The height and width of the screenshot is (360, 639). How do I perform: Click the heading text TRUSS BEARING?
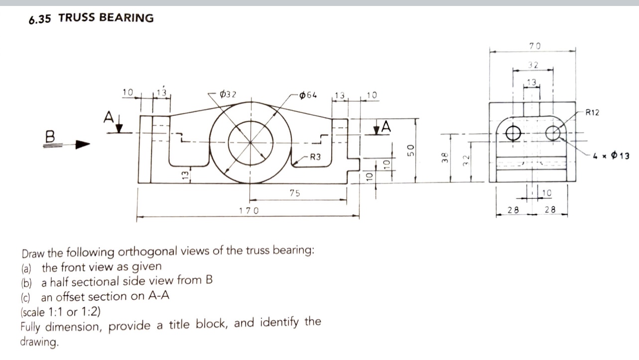click(x=106, y=18)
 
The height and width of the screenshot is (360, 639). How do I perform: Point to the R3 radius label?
click(x=315, y=157)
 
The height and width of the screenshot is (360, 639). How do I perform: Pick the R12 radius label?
click(x=593, y=113)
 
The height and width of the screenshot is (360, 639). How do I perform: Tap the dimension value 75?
click(x=295, y=193)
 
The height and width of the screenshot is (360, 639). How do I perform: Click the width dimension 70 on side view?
click(x=534, y=46)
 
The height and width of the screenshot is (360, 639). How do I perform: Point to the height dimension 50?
click(x=409, y=150)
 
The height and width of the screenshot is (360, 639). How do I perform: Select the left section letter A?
click(x=108, y=118)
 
